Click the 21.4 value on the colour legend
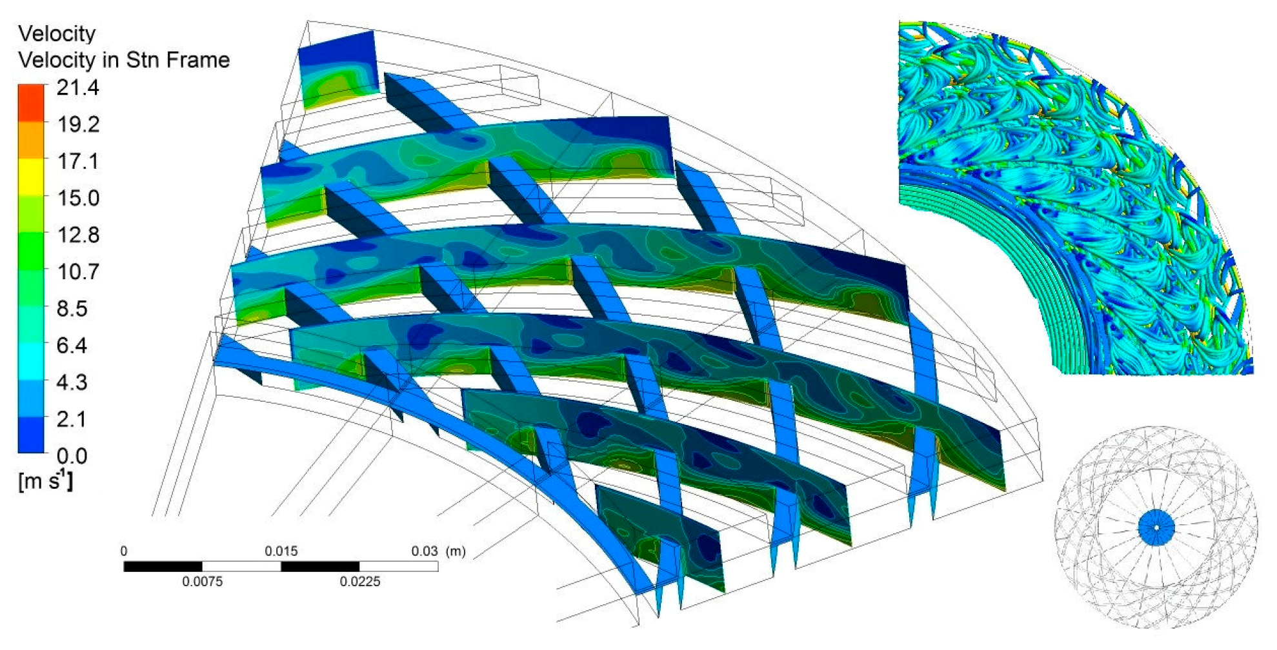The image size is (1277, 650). pyautogui.click(x=78, y=87)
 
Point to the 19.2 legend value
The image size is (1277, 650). pyautogui.click(x=78, y=124)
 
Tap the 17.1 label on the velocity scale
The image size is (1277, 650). pyautogui.click(x=78, y=161)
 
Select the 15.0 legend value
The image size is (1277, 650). pyautogui.click(x=78, y=198)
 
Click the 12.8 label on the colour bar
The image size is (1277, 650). pyautogui.click(x=78, y=235)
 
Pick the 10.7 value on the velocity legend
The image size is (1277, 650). pyautogui.click(x=78, y=271)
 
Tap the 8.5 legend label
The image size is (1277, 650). pyautogui.click(x=72, y=308)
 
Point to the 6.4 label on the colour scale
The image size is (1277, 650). pyautogui.click(x=72, y=346)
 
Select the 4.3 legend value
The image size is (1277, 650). pyautogui.click(x=72, y=382)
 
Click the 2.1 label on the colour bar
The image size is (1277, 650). pyautogui.click(x=72, y=419)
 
